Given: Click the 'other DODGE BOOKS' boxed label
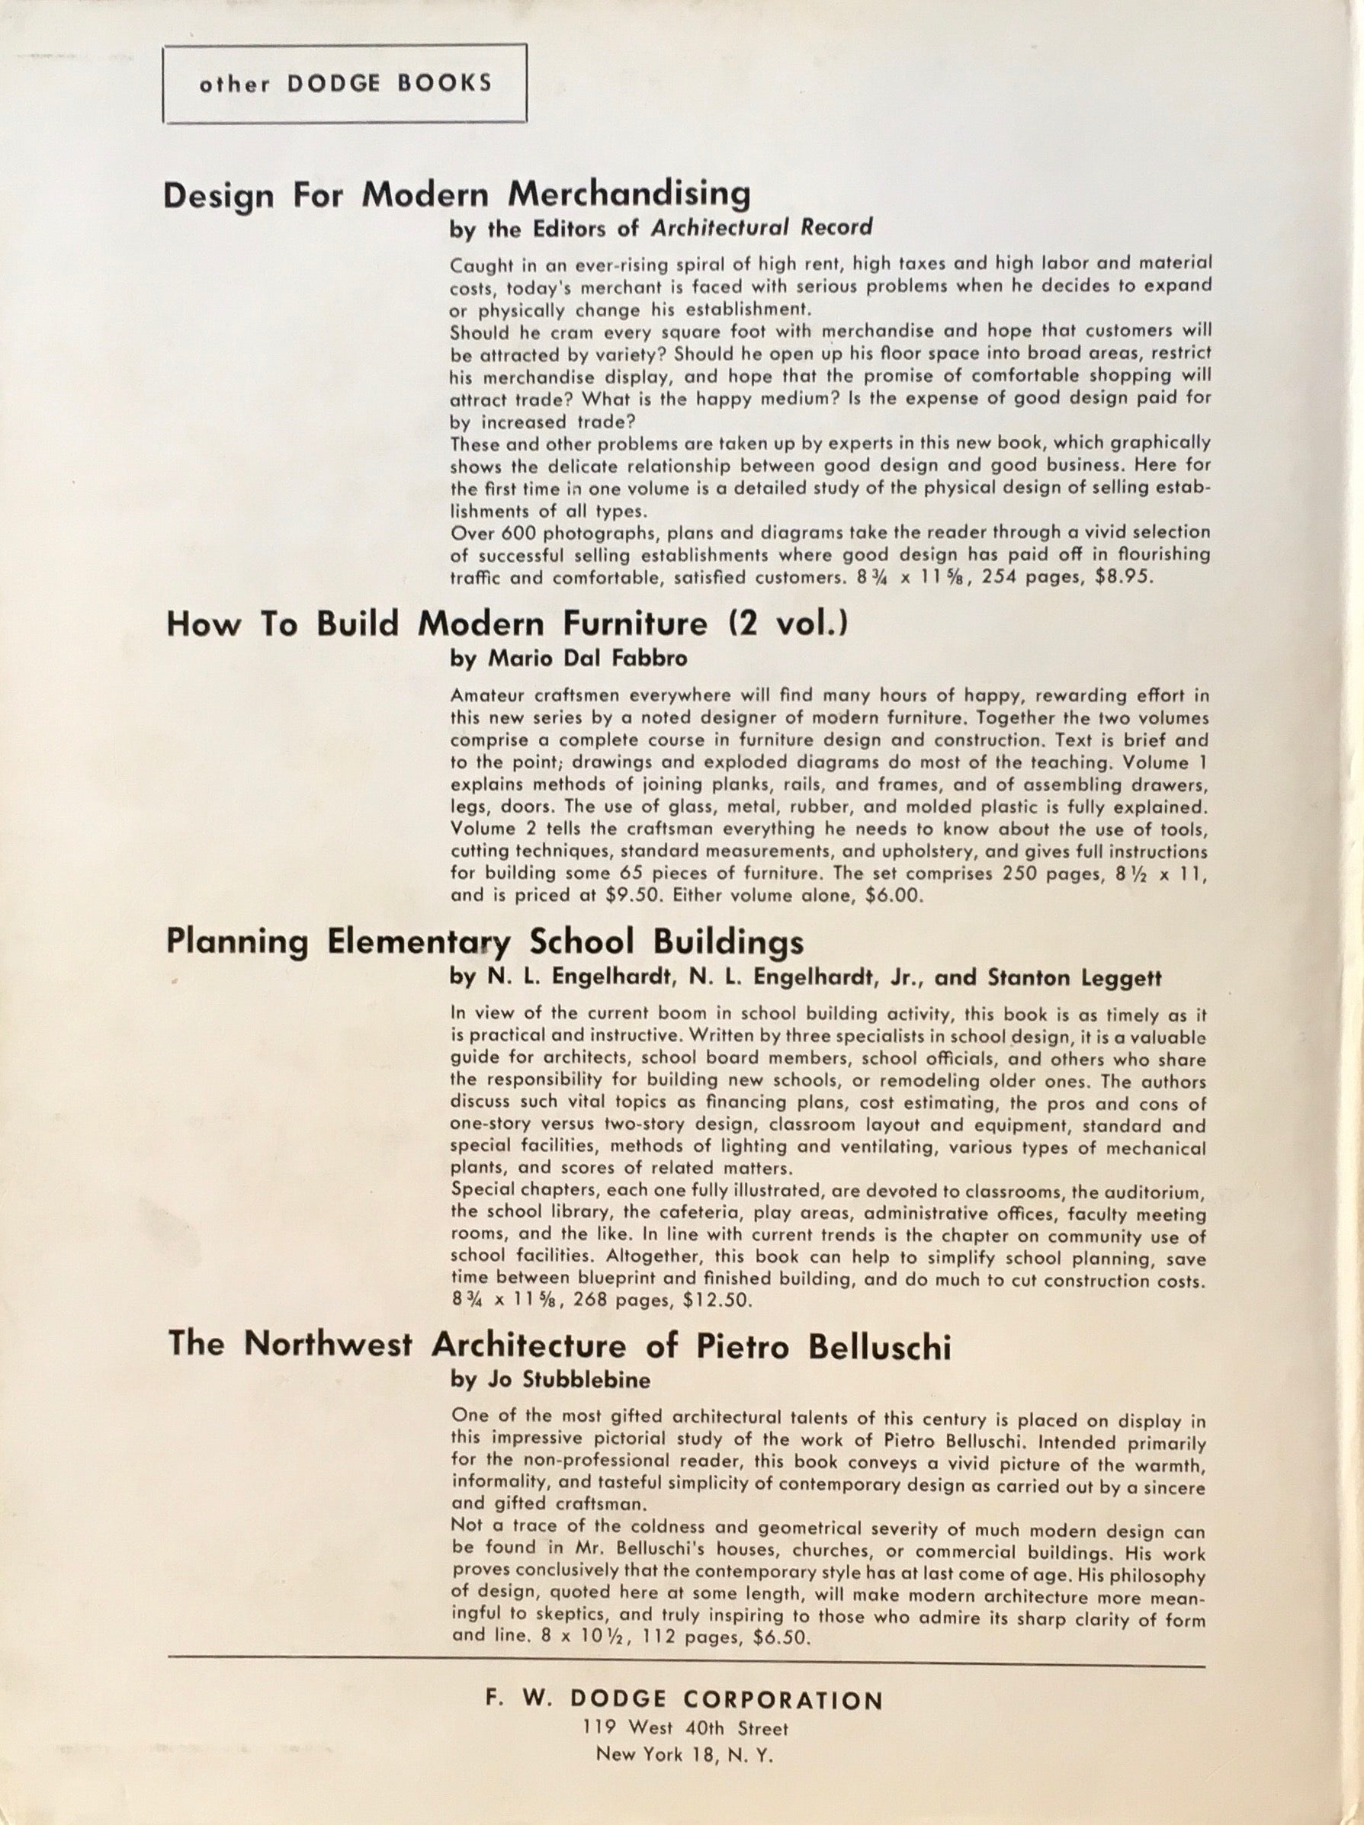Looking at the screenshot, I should pos(345,83).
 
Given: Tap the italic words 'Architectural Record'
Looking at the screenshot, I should pos(761,228).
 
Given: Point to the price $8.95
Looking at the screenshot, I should pos(1122,578).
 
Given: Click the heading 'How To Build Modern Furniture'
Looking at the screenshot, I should pos(437,624).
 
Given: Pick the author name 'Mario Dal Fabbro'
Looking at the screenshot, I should pos(588,659).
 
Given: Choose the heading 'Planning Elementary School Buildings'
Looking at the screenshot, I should pos(484,942).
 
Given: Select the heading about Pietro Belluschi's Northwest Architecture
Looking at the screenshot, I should pos(559,1345).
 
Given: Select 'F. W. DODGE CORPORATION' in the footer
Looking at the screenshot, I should pos(685,1701).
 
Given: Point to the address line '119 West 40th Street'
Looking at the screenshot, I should pos(685,1727).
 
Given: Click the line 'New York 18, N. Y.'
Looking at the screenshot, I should pos(685,1754).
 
